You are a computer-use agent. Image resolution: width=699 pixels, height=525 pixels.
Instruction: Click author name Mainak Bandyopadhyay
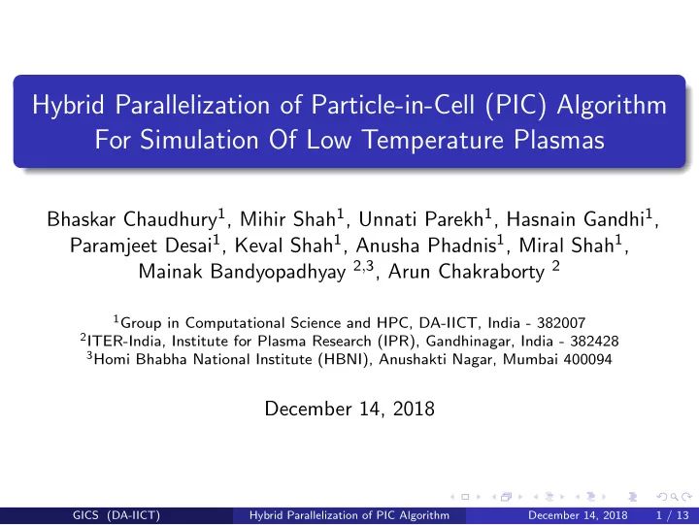point(242,273)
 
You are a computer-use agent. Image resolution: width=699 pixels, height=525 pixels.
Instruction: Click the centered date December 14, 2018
point(349,409)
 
